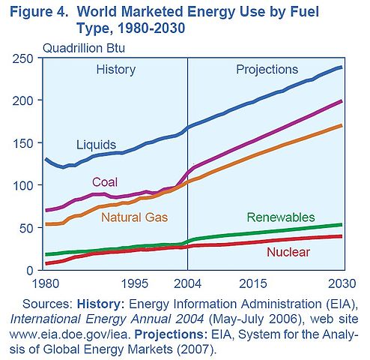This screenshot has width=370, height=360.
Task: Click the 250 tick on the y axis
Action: (x=28, y=58)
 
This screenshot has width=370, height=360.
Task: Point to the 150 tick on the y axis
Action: (x=28, y=143)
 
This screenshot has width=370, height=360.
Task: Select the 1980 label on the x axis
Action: (x=45, y=284)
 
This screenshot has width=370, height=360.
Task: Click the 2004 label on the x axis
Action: (x=186, y=284)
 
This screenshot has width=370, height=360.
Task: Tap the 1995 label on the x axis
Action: (x=135, y=284)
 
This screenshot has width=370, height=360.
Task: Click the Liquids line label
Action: (x=95, y=143)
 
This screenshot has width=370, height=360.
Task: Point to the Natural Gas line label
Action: (x=124, y=217)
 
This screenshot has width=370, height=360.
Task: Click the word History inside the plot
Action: (x=115, y=70)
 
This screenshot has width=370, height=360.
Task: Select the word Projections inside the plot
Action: (x=267, y=70)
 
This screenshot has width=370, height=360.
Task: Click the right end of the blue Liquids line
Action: (x=342, y=67)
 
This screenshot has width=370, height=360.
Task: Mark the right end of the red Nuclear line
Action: (x=342, y=236)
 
